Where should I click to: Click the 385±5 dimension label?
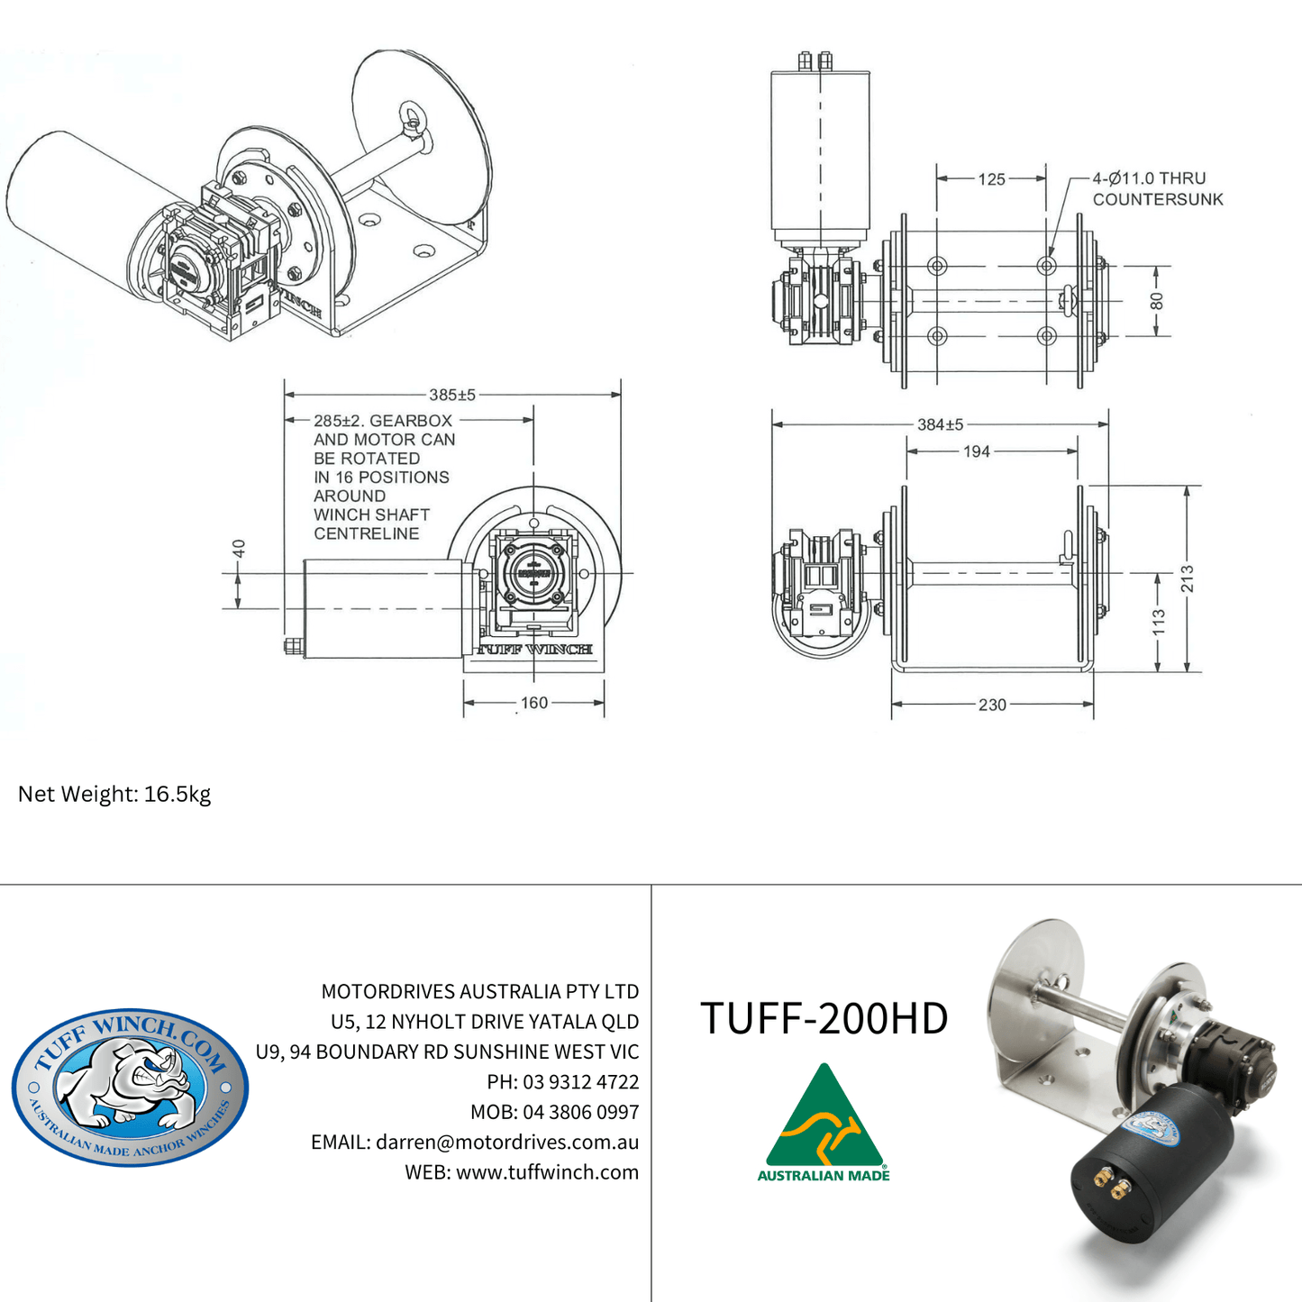(x=452, y=395)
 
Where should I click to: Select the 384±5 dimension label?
(x=940, y=424)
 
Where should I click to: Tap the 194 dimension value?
(x=977, y=451)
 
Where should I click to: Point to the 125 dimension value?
(x=991, y=179)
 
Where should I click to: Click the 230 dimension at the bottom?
(x=992, y=705)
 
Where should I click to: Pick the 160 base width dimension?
(x=534, y=703)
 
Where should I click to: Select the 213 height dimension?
(x=1187, y=578)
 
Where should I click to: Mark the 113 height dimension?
(x=1159, y=623)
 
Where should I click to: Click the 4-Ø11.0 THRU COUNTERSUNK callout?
(x=1157, y=189)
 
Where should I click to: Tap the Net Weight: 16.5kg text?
(x=114, y=794)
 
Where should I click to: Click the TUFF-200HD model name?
(x=824, y=1018)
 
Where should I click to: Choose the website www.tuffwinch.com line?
(x=522, y=1172)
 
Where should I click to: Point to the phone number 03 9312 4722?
(x=580, y=1082)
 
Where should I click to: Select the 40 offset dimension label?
(x=239, y=549)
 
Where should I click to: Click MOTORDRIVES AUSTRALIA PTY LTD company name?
(x=480, y=991)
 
